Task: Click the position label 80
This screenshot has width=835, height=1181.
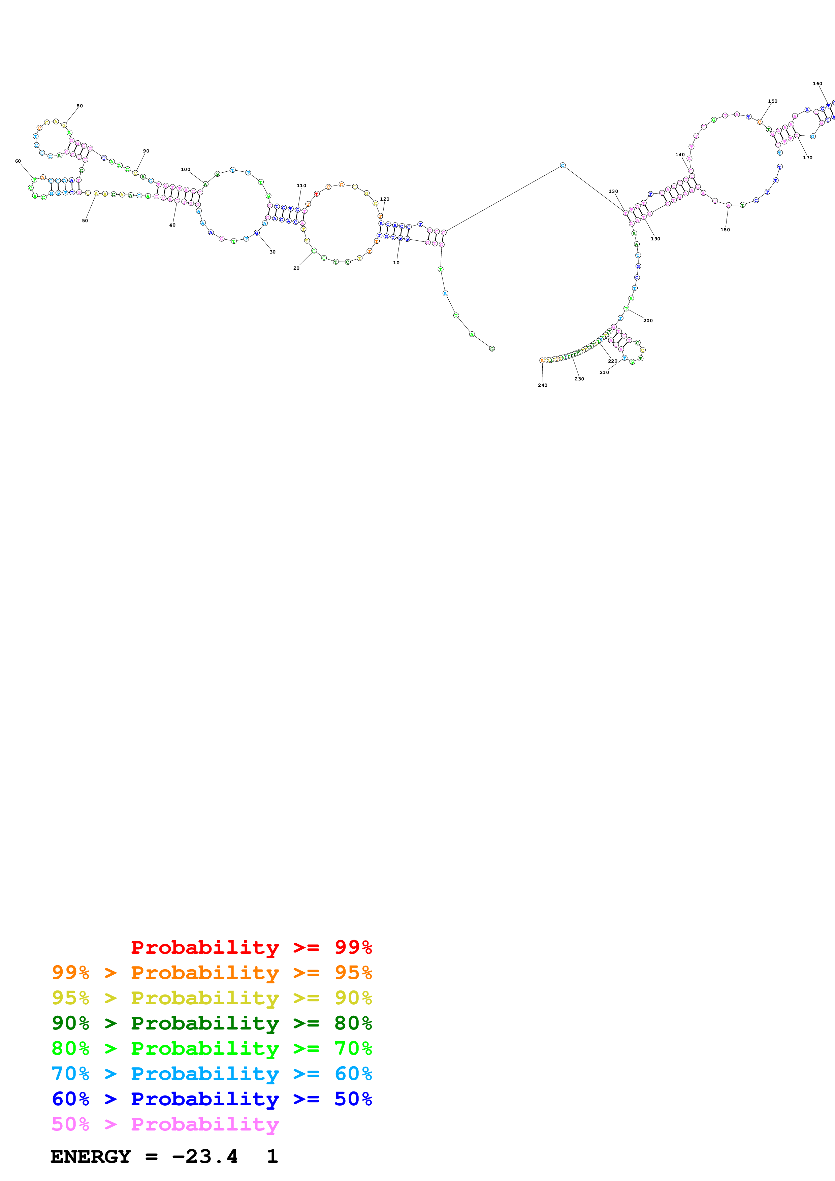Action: [80, 106]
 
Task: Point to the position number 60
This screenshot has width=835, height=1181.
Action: [18, 161]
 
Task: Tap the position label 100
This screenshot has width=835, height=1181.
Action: [185, 169]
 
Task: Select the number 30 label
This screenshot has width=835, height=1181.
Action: [272, 252]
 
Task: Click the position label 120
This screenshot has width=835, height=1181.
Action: [384, 199]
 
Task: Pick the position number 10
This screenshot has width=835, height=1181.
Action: [396, 263]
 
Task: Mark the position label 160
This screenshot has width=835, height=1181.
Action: [817, 83]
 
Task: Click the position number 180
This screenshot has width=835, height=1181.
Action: [725, 230]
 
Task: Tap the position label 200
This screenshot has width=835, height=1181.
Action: [648, 320]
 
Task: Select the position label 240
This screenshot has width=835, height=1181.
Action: [542, 385]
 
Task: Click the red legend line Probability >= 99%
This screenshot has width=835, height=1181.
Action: [251, 947]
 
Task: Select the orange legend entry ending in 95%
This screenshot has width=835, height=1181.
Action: [212, 972]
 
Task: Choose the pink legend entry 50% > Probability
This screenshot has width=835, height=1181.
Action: [165, 1123]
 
